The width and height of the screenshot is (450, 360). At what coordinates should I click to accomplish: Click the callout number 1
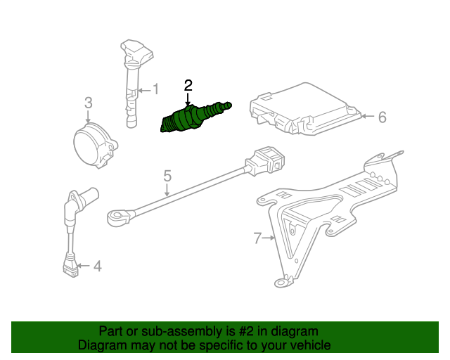pos(156,89)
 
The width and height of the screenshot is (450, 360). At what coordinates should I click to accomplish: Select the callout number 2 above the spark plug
pos(188,86)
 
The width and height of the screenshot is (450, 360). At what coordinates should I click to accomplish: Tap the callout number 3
pos(88,103)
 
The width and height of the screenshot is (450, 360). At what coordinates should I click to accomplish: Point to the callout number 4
pos(97,266)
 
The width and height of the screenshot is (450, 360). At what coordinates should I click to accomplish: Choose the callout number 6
pos(382,117)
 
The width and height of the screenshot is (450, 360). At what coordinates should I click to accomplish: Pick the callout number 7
pos(257,238)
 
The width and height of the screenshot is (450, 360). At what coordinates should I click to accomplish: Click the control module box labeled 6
pos(304,109)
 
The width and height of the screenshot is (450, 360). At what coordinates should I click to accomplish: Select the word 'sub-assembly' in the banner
pos(166,331)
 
